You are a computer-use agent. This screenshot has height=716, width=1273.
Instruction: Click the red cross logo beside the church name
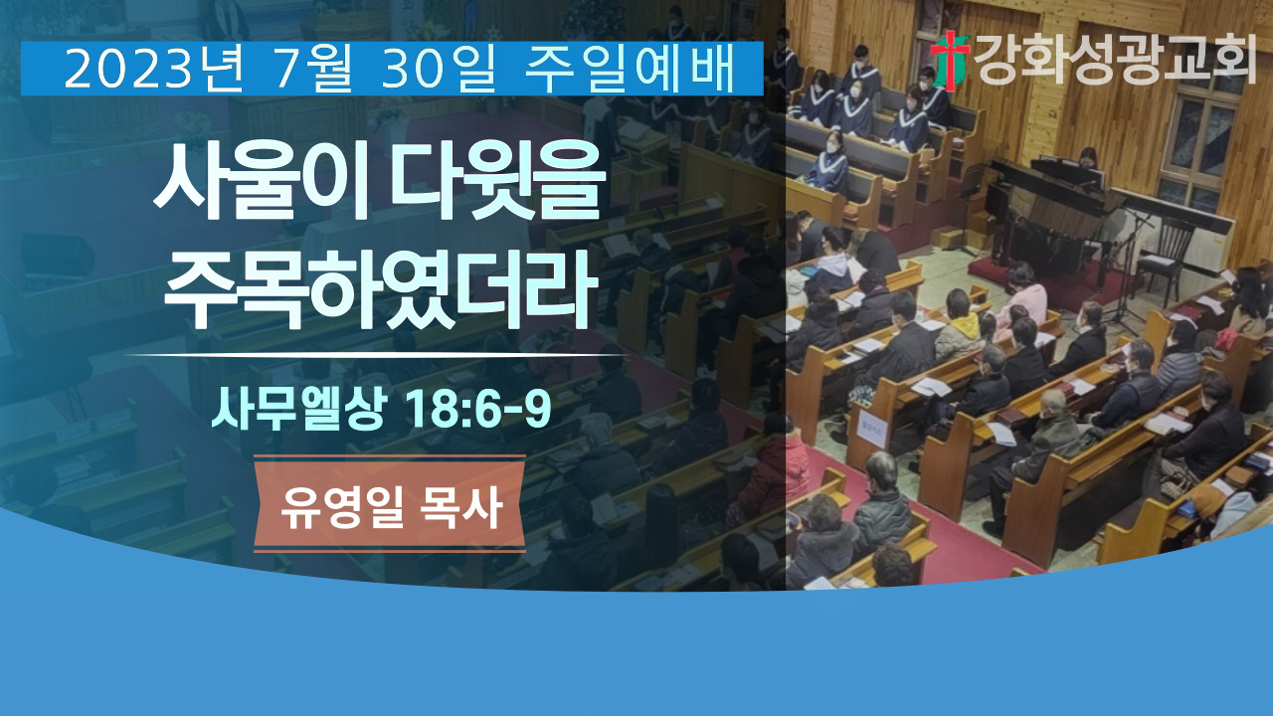point(950,61)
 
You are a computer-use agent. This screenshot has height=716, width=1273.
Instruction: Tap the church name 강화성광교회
point(1115,59)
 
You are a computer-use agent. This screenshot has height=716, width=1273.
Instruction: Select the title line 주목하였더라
point(381,289)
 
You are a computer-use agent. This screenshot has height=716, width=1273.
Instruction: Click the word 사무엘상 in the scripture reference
point(299,408)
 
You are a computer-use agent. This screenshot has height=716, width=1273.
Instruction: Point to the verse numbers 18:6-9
point(478,409)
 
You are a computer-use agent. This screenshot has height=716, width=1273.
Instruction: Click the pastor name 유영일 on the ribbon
point(342,507)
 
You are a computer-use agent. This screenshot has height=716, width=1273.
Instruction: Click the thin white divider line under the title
point(377,355)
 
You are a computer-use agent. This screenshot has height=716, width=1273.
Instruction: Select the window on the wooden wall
point(1199,149)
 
